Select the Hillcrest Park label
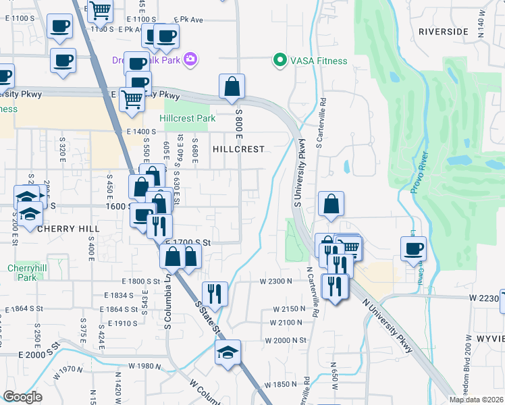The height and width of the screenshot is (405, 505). click(x=188, y=119)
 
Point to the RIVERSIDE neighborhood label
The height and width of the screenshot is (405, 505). click(x=443, y=31)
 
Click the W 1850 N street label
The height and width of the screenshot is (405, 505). click(x=278, y=383)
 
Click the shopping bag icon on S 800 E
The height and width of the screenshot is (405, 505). click(x=232, y=86)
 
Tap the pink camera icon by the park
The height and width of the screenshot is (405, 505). click(x=190, y=59)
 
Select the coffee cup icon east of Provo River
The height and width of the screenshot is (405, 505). click(x=413, y=248)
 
